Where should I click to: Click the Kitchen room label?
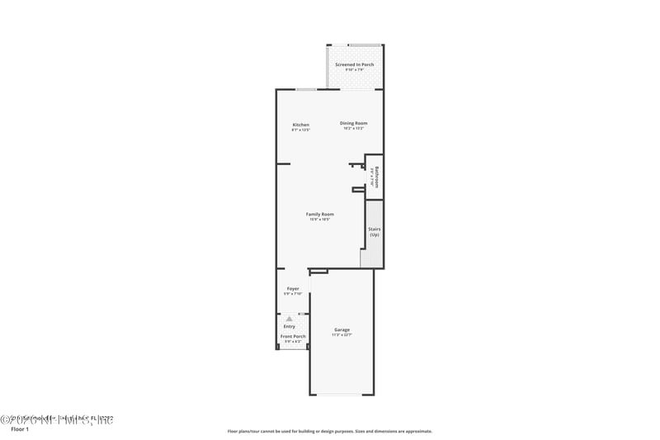[300, 125]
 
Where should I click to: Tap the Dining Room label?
[353, 123]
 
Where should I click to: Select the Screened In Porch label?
[355, 64]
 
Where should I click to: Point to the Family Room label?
[320, 214]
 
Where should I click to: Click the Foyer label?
[293, 288]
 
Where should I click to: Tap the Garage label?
[342, 329]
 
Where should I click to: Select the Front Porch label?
[293, 336]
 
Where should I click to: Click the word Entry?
[290, 326]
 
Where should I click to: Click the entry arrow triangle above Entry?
[290, 318]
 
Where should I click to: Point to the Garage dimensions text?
[342, 334]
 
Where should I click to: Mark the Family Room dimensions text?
[320, 219]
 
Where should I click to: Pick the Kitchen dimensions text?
[300, 130]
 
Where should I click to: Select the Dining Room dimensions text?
[353, 128]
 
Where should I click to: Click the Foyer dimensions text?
[293, 293]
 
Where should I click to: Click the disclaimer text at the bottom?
[329, 431]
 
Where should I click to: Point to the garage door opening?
[341, 395]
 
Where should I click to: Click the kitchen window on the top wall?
[305, 89]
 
